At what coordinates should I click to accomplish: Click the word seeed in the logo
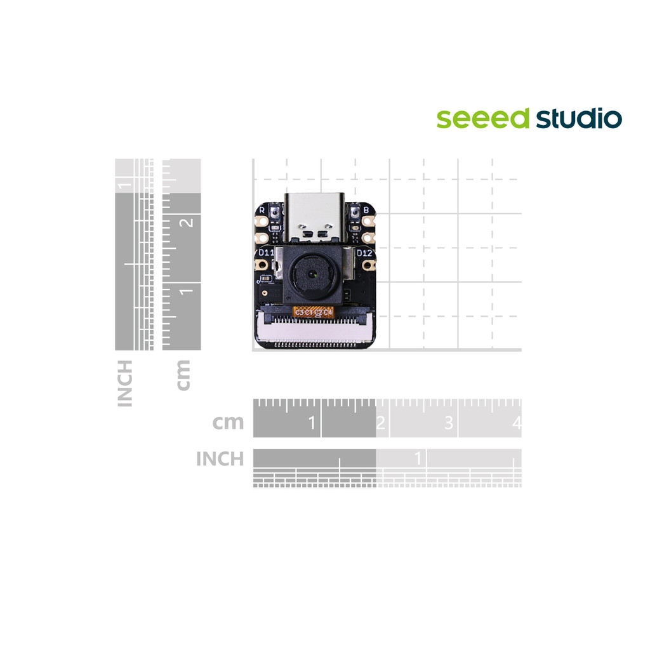[482, 119]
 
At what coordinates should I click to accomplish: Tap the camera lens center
[314, 275]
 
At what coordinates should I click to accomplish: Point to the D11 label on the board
[265, 253]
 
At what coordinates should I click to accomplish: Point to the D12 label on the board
[364, 253]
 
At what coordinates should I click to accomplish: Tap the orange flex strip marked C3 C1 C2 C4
[314, 312]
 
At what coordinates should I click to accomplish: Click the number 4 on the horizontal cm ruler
[517, 422]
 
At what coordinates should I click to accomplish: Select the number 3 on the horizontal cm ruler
[448, 422]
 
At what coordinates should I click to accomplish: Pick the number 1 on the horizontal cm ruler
[312, 422]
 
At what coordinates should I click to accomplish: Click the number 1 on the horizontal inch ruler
[418, 458]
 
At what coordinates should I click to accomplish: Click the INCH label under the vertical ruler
[125, 383]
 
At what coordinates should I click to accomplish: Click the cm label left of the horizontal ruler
[228, 422]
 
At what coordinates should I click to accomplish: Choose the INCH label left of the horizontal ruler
[220, 458]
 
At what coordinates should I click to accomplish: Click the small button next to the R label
[274, 211]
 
